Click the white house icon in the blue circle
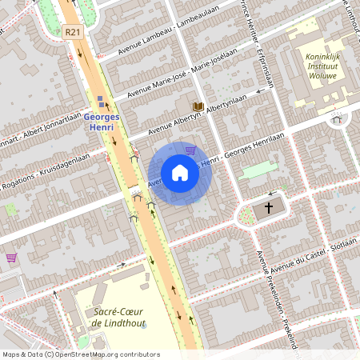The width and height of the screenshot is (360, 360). click(180, 173)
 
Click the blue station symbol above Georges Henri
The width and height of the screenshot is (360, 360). click(101, 101)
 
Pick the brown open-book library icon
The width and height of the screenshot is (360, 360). click(197, 106)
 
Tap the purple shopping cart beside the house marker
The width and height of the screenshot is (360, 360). click(190, 150)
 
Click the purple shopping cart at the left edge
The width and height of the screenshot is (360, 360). click(11, 258)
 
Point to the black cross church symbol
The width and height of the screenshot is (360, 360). click(269, 208)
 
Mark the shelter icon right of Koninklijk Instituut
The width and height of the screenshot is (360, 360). click(336, 118)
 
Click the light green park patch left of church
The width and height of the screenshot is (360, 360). click(257, 170)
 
